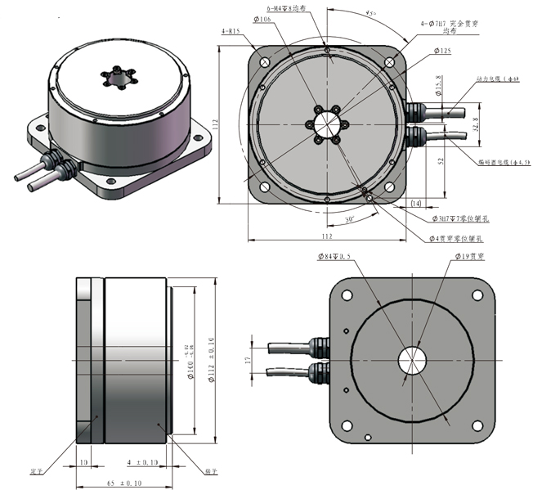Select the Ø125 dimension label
click(x=441, y=51)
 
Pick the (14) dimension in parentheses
click(x=415, y=202)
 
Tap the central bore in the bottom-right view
click(x=411, y=361)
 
